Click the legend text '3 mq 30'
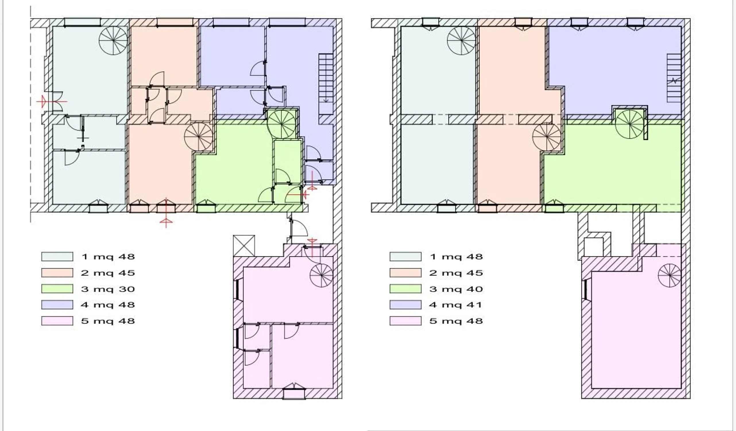coord(108,289)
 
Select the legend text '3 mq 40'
coord(456,289)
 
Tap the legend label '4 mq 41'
coord(456,305)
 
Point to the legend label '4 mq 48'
coord(108,305)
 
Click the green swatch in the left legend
coord(57,289)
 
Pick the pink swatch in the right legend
coord(405,321)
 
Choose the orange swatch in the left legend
coord(57,273)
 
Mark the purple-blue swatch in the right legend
coord(405,305)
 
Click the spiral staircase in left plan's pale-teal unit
coord(113,40)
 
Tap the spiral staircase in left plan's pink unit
coord(321,275)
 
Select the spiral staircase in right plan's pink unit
coord(669,275)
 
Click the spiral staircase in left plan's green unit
coord(281,124)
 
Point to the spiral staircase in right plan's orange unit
coord(547,136)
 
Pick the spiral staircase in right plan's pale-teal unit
coord(461,40)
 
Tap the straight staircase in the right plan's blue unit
coord(674,78)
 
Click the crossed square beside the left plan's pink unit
coord(244,246)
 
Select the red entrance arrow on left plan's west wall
coord(52,101)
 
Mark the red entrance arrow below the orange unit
coord(166,212)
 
